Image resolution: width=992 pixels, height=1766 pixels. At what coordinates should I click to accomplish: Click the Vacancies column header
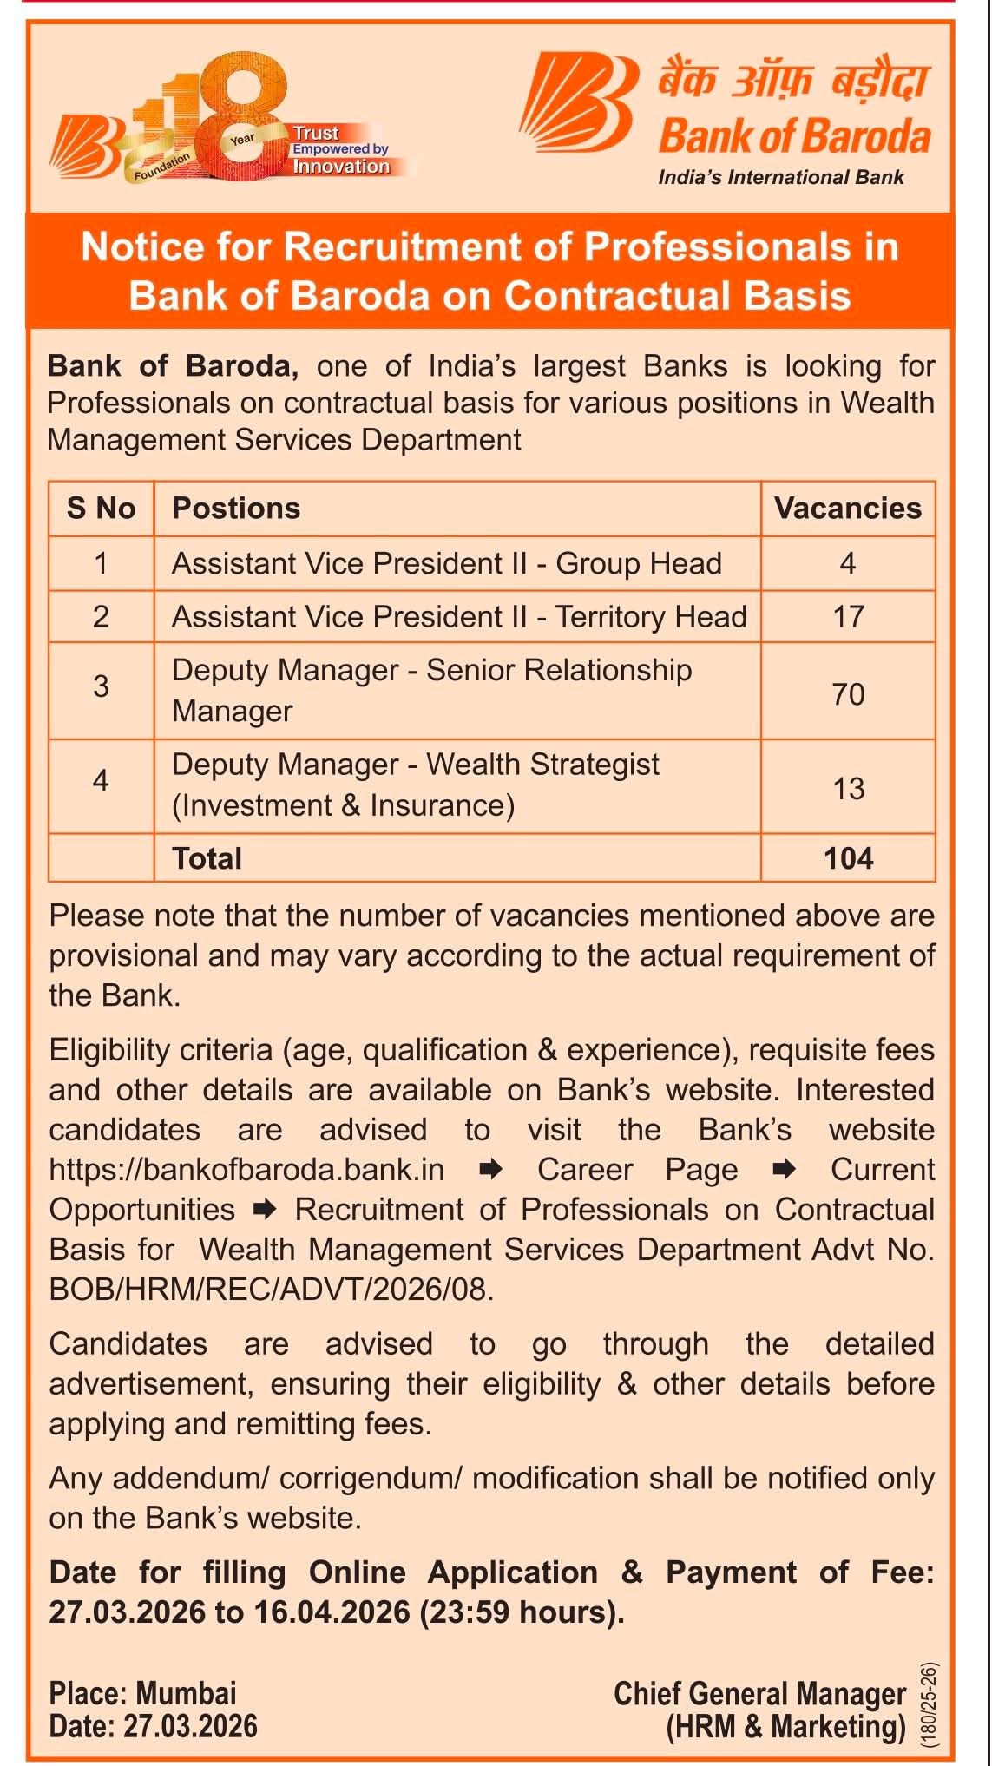(x=847, y=509)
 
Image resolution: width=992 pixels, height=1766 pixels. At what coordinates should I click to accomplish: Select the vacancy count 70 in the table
(x=848, y=694)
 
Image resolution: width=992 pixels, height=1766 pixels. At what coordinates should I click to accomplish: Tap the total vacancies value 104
(x=848, y=858)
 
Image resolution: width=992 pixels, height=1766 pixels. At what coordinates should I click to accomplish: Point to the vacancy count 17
(x=848, y=617)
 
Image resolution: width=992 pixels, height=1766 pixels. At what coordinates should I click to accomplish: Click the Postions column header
(x=236, y=509)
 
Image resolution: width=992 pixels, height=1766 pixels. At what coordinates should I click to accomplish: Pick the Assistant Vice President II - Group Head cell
(x=446, y=564)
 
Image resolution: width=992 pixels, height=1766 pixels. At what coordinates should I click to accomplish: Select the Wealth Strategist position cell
(x=415, y=785)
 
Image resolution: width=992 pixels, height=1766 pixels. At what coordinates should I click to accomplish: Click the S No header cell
(x=101, y=509)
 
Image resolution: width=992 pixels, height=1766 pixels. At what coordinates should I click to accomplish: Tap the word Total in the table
(x=207, y=858)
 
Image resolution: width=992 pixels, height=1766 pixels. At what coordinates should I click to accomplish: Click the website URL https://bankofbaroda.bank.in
(x=246, y=1170)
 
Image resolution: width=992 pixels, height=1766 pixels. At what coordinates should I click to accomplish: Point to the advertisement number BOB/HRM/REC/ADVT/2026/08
(x=271, y=1290)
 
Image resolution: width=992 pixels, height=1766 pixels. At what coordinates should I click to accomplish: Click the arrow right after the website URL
(x=491, y=1170)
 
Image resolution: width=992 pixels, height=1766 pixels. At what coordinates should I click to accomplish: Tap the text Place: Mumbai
(x=142, y=1693)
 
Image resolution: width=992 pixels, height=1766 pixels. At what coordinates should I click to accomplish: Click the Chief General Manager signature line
(x=759, y=1693)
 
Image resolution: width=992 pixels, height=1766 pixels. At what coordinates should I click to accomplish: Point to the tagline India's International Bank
(x=780, y=178)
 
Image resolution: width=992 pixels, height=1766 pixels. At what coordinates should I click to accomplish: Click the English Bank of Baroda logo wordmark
(x=794, y=136)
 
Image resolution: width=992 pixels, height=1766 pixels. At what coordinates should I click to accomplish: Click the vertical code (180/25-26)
(x=929, y=1704)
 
